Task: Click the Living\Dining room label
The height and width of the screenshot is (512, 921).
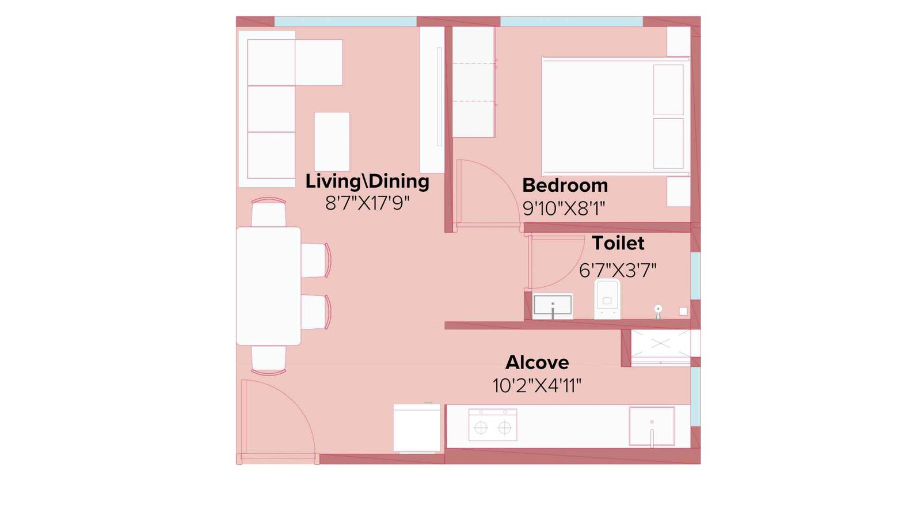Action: click(367, 181)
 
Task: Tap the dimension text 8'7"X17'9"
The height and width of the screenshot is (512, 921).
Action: click(367, 203)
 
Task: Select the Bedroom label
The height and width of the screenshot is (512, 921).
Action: click(565, 185)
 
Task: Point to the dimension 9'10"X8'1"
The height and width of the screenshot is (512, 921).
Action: click(564, 208)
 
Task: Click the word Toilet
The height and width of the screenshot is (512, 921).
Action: click(618, 243)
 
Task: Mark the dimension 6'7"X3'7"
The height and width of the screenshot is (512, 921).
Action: click(618, 270)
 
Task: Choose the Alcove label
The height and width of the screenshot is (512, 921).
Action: click(537, 362)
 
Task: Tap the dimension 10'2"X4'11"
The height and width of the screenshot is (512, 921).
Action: click(536, 385)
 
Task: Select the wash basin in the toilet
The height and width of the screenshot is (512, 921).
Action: click(553, 306)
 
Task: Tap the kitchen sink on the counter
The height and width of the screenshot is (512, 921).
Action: click(652, 426)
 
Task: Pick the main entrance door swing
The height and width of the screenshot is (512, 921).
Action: click(276, 420)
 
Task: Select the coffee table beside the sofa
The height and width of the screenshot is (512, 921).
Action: click(332, 142)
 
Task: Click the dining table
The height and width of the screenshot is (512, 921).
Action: click(268, 286)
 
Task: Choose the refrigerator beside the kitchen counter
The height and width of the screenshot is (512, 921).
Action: click(417, 428)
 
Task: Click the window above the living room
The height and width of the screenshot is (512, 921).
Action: click(345, 22)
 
